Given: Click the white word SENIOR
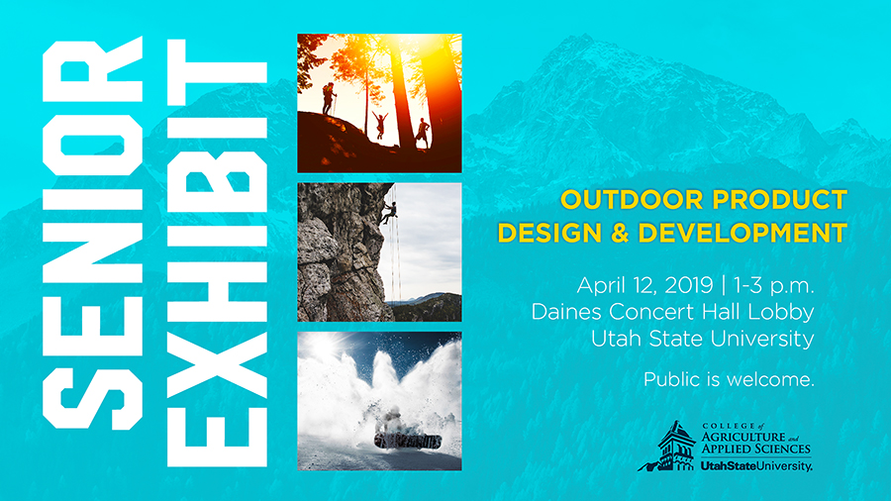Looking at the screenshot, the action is [93, 233].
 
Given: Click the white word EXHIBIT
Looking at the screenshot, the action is [217, 253].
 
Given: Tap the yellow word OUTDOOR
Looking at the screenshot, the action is [632, 200].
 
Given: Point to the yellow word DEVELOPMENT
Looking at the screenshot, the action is [742, 233].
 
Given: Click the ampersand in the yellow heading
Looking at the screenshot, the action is [620, 233].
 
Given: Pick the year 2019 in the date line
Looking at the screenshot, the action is [688, 285].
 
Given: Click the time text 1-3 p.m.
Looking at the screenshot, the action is [773, 286].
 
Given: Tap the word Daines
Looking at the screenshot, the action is [567, 312].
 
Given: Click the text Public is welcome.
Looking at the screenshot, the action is [729, 379].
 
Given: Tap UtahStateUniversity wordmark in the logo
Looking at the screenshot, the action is [756, 466].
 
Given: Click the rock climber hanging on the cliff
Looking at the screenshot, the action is [389, 213].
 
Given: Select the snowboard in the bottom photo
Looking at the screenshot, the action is [408, 442].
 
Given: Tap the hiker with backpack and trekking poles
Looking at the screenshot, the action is [329, 99].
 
